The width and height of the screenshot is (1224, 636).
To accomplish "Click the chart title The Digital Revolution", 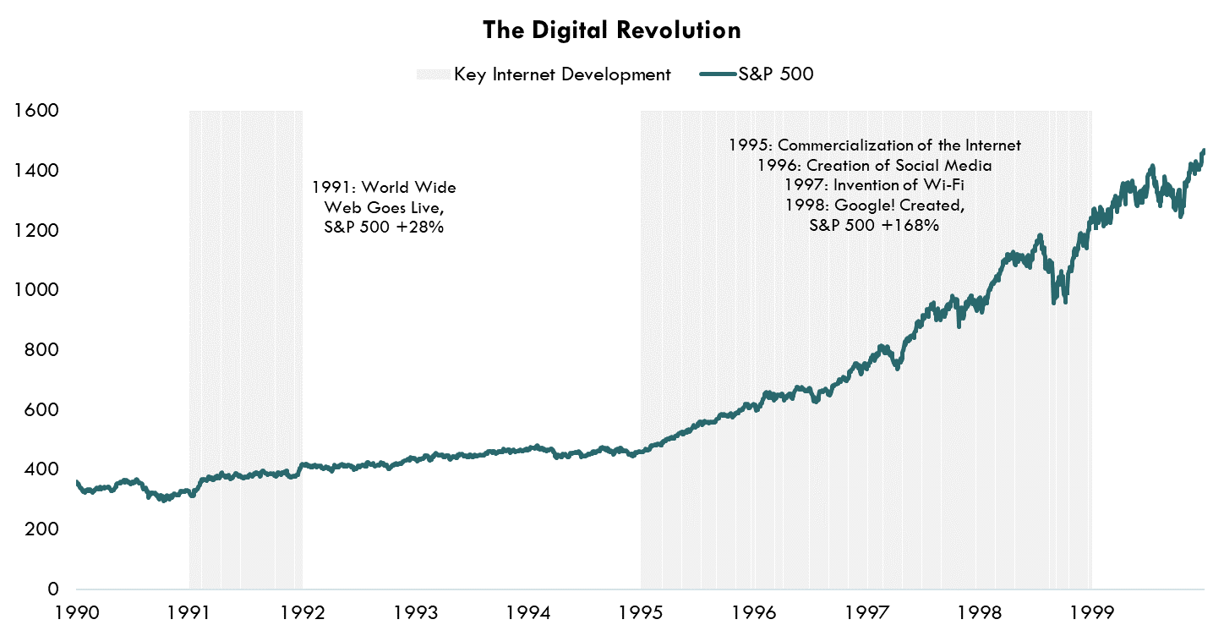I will [x=611, y=30].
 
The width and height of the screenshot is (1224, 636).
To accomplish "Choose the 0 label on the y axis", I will [x=52, y=589].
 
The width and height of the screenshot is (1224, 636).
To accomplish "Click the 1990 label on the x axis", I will [x=76, y=612].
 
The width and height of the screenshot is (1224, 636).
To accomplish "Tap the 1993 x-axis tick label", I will [x=415, y=612].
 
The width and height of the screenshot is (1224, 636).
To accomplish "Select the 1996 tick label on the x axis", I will [x=754, y=612].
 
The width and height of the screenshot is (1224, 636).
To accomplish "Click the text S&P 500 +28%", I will [x=384, y=228].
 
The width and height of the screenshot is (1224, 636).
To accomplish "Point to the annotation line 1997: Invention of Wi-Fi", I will [x=874, y=185].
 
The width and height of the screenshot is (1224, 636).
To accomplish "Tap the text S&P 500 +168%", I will [x=874, y=226].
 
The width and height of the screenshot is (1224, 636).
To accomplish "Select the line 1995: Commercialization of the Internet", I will [x=874, y=145].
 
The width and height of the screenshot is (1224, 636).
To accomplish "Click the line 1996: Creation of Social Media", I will [x=874, y=165].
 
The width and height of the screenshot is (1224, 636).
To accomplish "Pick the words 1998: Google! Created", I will [x=874, y=206].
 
